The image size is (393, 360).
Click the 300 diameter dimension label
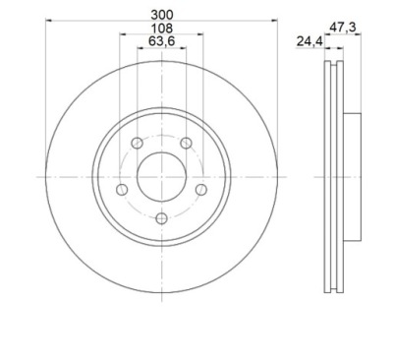161,15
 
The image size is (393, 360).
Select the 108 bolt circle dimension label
161,29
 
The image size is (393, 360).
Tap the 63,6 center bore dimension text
162,41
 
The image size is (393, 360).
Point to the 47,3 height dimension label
342,28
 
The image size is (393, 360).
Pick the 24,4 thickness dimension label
309,41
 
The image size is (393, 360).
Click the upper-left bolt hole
137,143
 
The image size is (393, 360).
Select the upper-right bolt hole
187,143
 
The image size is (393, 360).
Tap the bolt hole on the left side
122,189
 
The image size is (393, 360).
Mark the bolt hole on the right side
201,189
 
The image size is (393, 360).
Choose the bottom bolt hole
161,218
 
